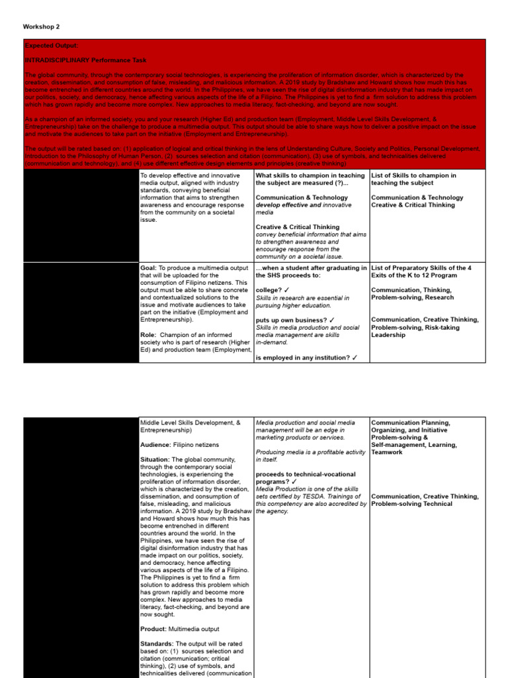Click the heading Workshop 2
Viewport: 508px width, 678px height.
[41, 26]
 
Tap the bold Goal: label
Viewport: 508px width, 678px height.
[148, 267]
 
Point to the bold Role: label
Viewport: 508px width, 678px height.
[148, 335]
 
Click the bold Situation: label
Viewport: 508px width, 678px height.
[156, 460]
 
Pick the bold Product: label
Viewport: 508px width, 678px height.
[153, 628]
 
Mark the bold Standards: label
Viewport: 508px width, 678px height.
[158, 644]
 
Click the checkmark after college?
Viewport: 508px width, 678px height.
[286, 290]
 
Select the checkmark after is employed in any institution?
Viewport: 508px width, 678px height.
[355, 358]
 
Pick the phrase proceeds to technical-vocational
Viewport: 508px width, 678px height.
[306, 474]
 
